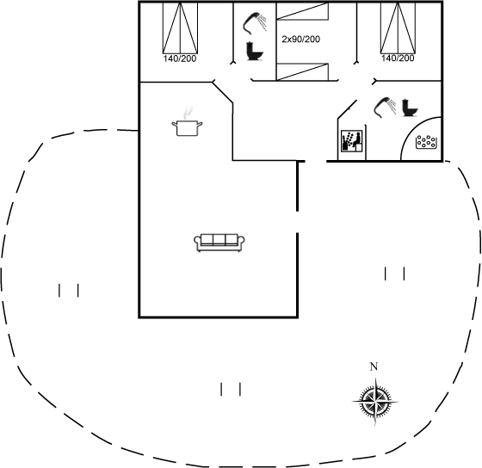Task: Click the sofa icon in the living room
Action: pos(219,243)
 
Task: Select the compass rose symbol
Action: pos(375,401)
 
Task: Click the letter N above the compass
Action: pos(374,366)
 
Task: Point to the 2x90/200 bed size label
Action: pos(301,40)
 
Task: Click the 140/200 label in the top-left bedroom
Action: pos(180,58)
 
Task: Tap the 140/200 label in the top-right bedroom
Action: pos(398,58)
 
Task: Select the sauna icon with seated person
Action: pos(352,141)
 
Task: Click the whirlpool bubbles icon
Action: pos(426,142)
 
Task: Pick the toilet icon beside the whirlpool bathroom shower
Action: pos(410,108)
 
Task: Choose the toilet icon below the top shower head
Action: pos(255,51)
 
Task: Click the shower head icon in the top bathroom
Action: pos(255,22)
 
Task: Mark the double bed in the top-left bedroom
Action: pos(180,28)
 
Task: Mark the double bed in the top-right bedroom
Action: pos(399,28)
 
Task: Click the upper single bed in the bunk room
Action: pos(302,11)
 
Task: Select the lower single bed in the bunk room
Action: pos(302,72)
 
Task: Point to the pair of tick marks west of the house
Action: pos(69,291)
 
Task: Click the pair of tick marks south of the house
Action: pos(231,389)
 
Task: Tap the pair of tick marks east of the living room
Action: pos(395,274)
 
